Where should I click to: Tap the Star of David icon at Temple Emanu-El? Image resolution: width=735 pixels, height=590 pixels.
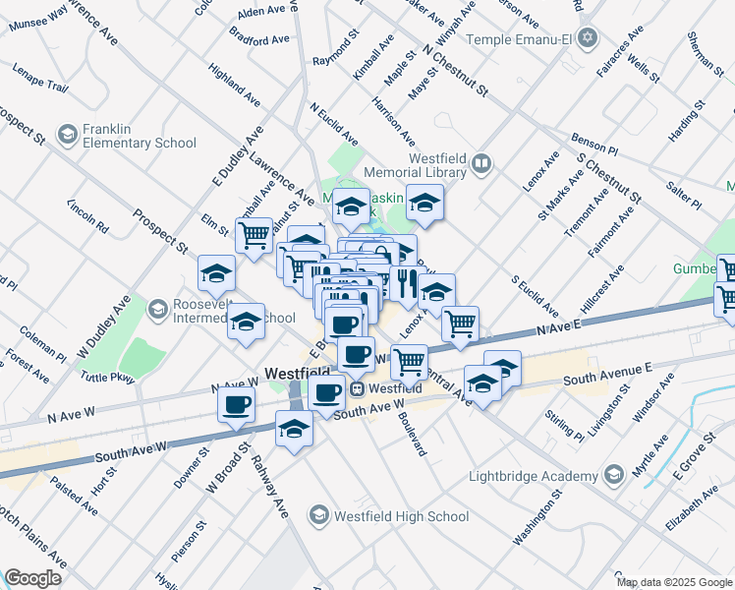tap(588, 38)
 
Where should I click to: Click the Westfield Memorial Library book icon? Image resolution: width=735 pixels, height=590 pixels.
tap(481, 162)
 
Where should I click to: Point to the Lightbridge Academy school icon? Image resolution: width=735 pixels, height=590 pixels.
tap(614, 476)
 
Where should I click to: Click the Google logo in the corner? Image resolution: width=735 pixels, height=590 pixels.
tap(32, 577)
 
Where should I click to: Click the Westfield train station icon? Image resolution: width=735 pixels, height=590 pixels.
tap(360, 388)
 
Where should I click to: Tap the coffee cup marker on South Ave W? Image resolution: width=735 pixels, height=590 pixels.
tap(236, 405)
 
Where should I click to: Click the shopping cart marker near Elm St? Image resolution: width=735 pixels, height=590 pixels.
tap(254, 235)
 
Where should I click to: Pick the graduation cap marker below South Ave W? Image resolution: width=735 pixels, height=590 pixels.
tap(294, 429)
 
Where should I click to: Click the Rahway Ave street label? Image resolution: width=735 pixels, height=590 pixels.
tap(268, 487)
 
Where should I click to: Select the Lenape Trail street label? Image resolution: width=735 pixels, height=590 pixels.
tap(40, 79)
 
